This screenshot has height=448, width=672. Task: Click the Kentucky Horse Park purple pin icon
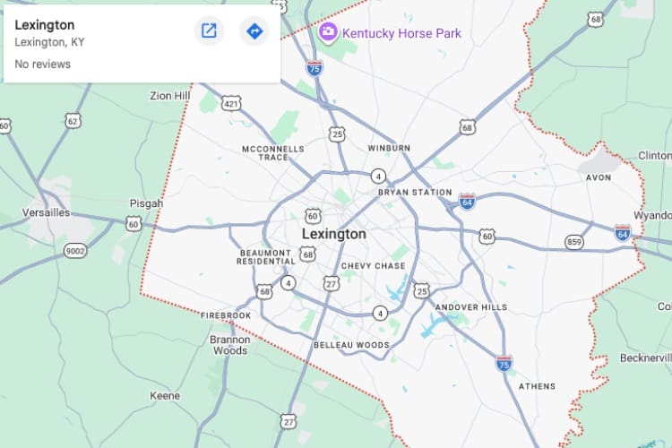(328, 33)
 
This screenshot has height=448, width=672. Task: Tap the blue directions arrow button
(254, 31)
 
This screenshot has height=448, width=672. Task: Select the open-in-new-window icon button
(209, 31)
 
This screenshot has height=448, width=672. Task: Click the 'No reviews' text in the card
(42, 65)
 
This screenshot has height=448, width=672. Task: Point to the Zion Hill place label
(170, 96)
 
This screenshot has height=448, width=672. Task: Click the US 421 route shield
(231, 104)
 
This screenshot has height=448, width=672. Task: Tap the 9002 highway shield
(75, 251)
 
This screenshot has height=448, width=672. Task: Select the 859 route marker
(574, 242)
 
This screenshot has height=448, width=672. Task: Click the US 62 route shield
(73, 119)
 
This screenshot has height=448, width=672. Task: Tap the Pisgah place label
(146, 203)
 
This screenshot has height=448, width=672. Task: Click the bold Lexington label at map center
(333, 234)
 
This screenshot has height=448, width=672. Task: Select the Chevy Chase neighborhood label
(374, 266)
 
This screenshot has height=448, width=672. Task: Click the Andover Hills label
(470, 307)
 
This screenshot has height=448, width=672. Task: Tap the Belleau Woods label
(351, 345)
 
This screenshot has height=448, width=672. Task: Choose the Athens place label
(537, 386)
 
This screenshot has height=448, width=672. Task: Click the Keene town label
(165, 395)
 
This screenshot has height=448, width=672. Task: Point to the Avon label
(598, 177)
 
